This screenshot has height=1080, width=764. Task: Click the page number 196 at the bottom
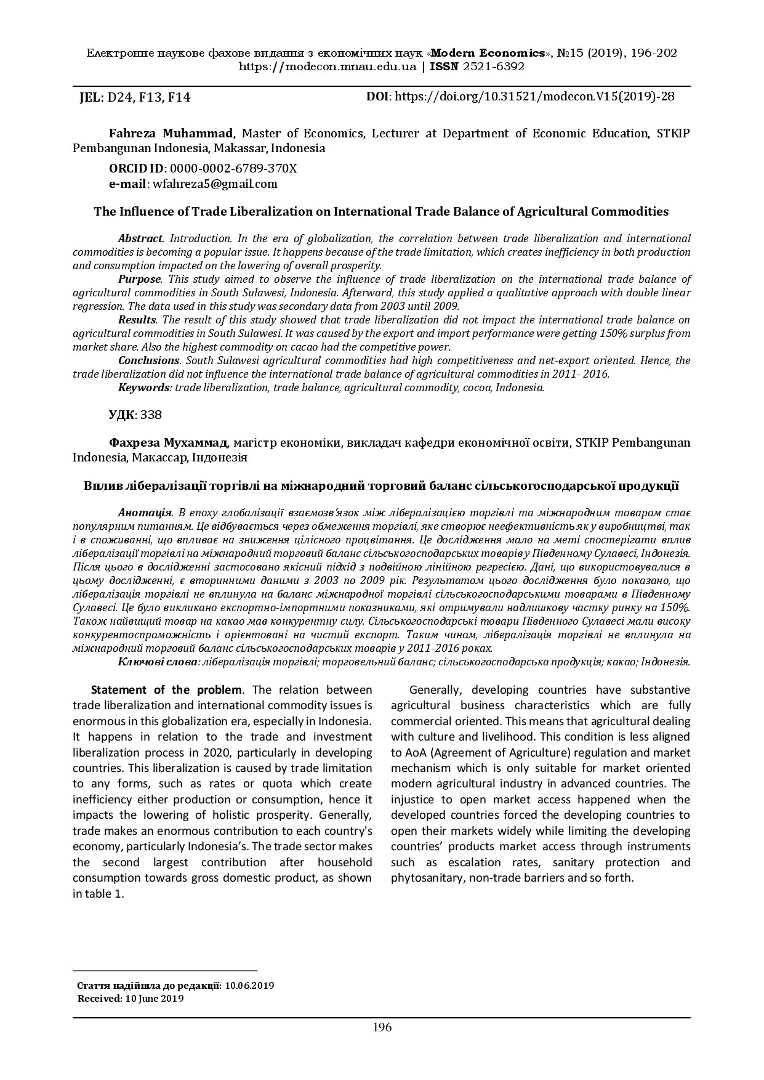(382, 1027)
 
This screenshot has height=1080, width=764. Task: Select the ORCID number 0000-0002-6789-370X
(233, 168)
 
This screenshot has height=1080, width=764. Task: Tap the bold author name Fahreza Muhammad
(171, 133)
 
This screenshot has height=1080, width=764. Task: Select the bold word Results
(137, 320)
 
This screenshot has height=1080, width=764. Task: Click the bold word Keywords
(143, 388)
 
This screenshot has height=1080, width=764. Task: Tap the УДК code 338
(151, 415)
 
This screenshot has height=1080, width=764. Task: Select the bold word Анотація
(144, 513)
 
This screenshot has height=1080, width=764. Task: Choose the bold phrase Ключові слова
(158, 662)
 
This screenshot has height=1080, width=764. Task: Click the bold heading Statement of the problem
(166, 689)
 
